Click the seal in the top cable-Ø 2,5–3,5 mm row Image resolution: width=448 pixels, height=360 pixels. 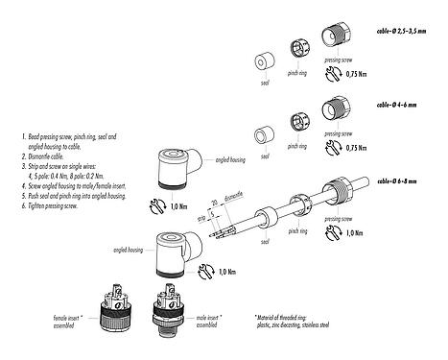[260, 60]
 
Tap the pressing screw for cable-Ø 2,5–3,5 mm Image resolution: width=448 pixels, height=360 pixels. [342, 45]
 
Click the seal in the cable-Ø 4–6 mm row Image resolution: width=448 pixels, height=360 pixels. [260, 135]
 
